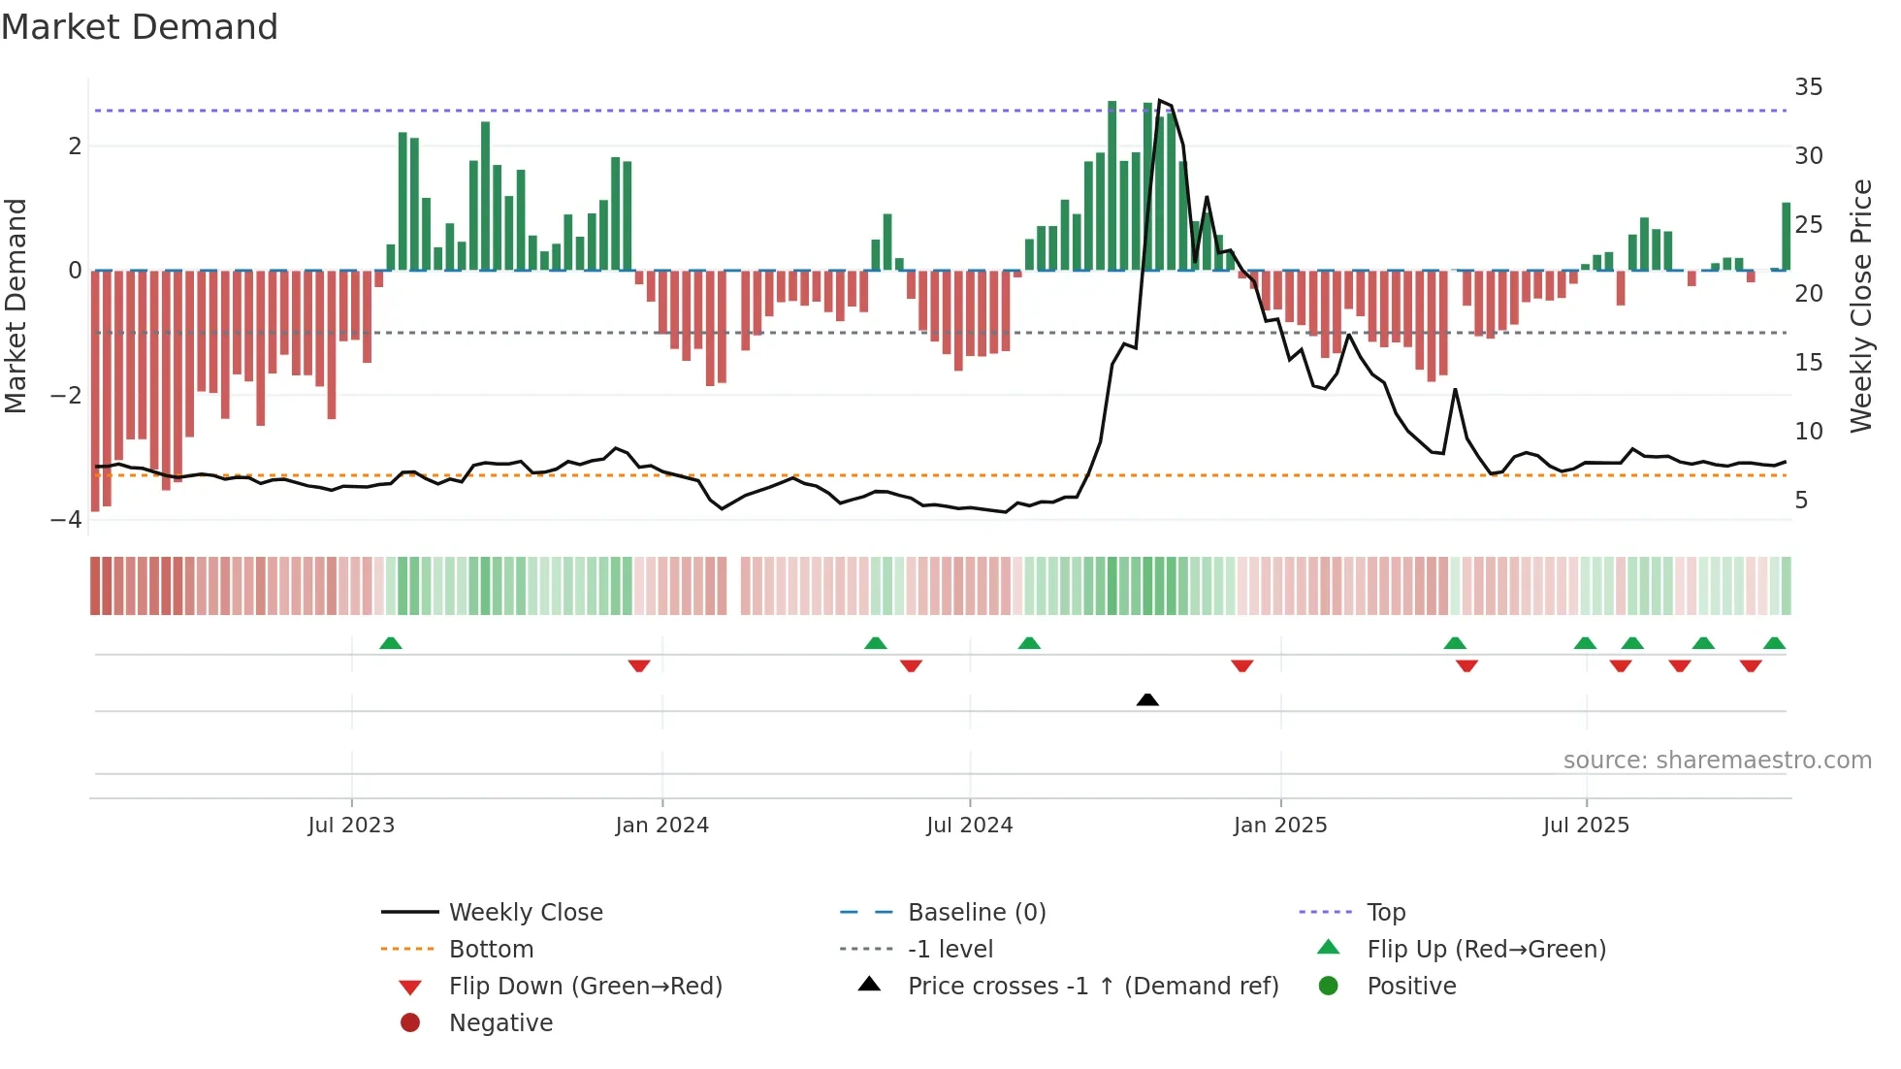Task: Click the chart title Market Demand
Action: click(140, 27)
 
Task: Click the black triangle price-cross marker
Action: click(1147, 699)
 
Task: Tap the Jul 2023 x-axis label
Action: click(351, 826)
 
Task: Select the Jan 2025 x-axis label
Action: click(1280, 826)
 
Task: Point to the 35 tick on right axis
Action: click(1808, 87)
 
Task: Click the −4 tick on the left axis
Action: click(66, 520)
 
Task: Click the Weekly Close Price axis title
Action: click(1860, 306)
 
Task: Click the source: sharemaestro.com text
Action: click(1717, 761)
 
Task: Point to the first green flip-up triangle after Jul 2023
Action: click(391, 643)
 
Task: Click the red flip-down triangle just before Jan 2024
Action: click(639, 665)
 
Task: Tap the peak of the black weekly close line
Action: click(1160, 101)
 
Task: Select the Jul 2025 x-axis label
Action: click(1586, 826)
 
